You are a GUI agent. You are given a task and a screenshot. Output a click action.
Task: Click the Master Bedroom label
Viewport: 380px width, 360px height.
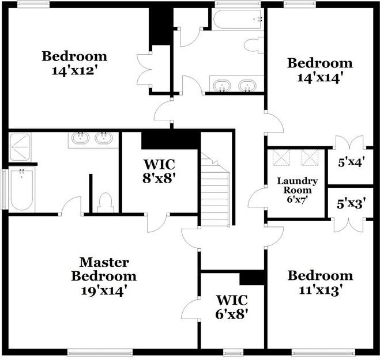pos(104,269)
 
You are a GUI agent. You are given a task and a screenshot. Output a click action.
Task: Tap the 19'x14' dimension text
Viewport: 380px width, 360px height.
pos(104,290)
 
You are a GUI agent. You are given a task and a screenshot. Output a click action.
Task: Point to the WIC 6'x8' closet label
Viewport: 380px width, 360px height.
pos(232,307)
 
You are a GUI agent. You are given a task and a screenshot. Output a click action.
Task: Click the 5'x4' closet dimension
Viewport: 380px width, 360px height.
pos(350,162)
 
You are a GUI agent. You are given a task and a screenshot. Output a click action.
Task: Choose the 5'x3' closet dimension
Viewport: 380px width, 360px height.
pos(350,203)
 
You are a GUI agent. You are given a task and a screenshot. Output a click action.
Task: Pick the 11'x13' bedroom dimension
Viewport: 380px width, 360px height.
pos(320,289)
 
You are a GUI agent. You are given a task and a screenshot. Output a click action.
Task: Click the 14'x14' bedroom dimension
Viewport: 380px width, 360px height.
pos(319,78)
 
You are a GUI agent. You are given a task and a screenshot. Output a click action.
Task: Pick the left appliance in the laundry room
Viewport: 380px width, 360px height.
pos(281,157)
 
